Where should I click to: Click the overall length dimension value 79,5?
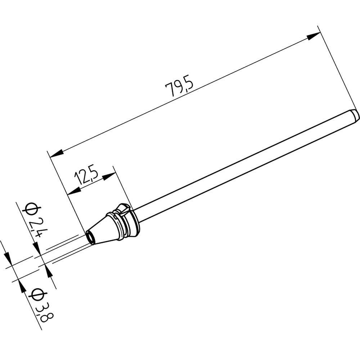(x=179, y=87)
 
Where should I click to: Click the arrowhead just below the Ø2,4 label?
(x=37, y=248)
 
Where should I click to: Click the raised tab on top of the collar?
(x=122, y=208)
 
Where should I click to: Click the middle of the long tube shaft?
(x=245, y=166)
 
